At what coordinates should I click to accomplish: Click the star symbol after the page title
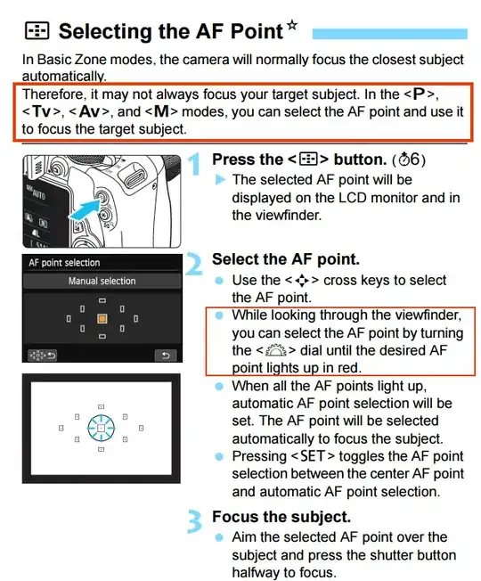click(292, 26)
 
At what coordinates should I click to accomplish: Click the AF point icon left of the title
click(37, 31)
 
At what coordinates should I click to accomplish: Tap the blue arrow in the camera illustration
click(86, 211)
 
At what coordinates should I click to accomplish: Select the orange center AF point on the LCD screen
click(102, 319)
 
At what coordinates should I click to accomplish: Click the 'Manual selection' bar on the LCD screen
click(102, 281)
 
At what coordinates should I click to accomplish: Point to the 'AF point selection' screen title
click(64, 263)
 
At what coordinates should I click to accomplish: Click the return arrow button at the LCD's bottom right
click(166, 356)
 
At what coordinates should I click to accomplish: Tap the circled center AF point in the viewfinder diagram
click(101, 429)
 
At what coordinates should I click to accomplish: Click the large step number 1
click(195, 163)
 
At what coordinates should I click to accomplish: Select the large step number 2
click(193, 263)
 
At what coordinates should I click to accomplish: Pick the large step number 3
click(194, 521)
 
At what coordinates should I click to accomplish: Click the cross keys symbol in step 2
click(302, 281)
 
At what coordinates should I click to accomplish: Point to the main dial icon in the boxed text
click(276, 350)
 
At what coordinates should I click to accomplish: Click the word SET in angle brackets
click(313, 456)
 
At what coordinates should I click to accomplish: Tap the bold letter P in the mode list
click(419, 94)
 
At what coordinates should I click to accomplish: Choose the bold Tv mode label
click(41, 111)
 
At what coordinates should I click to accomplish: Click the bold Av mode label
click(89, 111)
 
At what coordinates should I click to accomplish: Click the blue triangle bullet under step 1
click(220, 180)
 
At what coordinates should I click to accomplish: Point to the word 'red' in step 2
click(349, 368)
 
